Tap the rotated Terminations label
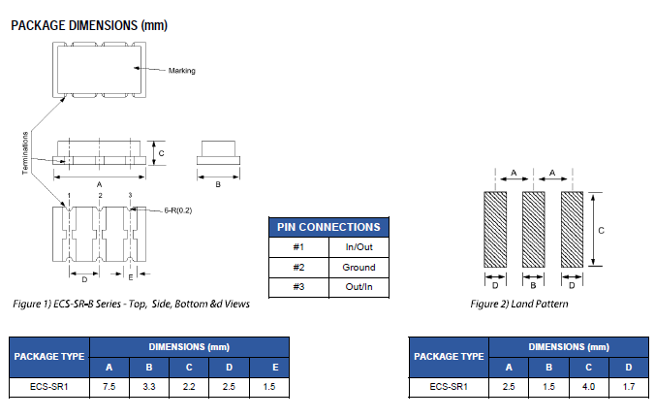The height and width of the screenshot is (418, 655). pos(25,153)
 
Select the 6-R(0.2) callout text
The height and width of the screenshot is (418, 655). pos(158,209)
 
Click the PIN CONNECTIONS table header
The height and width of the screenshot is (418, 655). pos(328,227)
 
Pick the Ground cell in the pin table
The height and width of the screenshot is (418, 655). pos(359,267)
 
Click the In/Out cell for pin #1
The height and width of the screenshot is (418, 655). pos(359,246)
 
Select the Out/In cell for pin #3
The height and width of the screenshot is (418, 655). pos(359,287)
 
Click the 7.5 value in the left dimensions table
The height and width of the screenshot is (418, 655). pos(109,386)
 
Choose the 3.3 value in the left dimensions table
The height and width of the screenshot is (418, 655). pos(148,386)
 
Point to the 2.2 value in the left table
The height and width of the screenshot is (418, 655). pos(188,386)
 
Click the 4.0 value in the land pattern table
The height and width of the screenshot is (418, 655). pos(589,386)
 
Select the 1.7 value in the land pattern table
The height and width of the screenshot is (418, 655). pos(629,386)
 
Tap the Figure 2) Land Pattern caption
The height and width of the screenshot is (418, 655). pos(519,304)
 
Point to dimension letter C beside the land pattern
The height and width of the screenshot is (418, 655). pos(602,230)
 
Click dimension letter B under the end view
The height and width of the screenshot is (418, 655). pos(218,182)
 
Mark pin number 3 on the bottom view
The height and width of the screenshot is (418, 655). pos(131,196)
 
